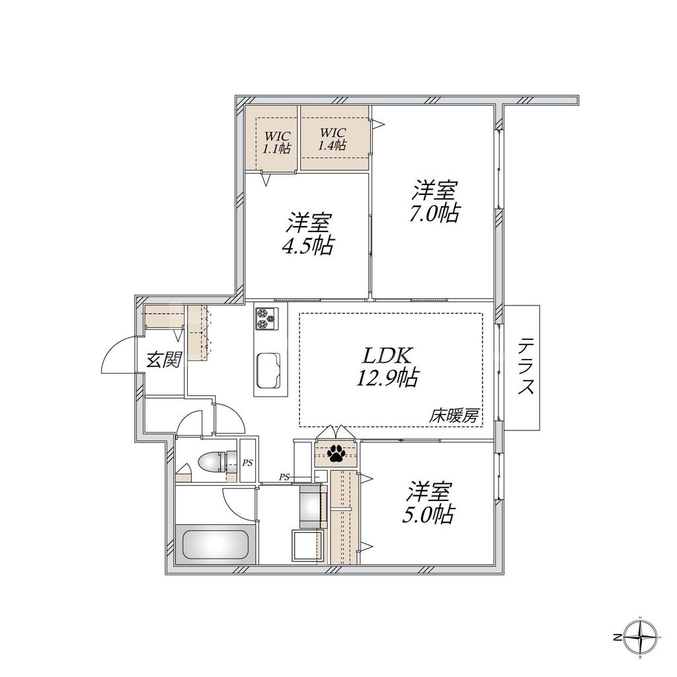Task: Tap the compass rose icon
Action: tap(641, 637)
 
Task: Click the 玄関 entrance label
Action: tap(164, 360)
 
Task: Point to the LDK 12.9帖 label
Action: tap(390, 366)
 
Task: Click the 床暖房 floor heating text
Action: tap(456, 417)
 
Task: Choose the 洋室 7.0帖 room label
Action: tap(434, 202)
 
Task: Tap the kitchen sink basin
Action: tap(268, 368)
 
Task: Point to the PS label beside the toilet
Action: tap(247, 462)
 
